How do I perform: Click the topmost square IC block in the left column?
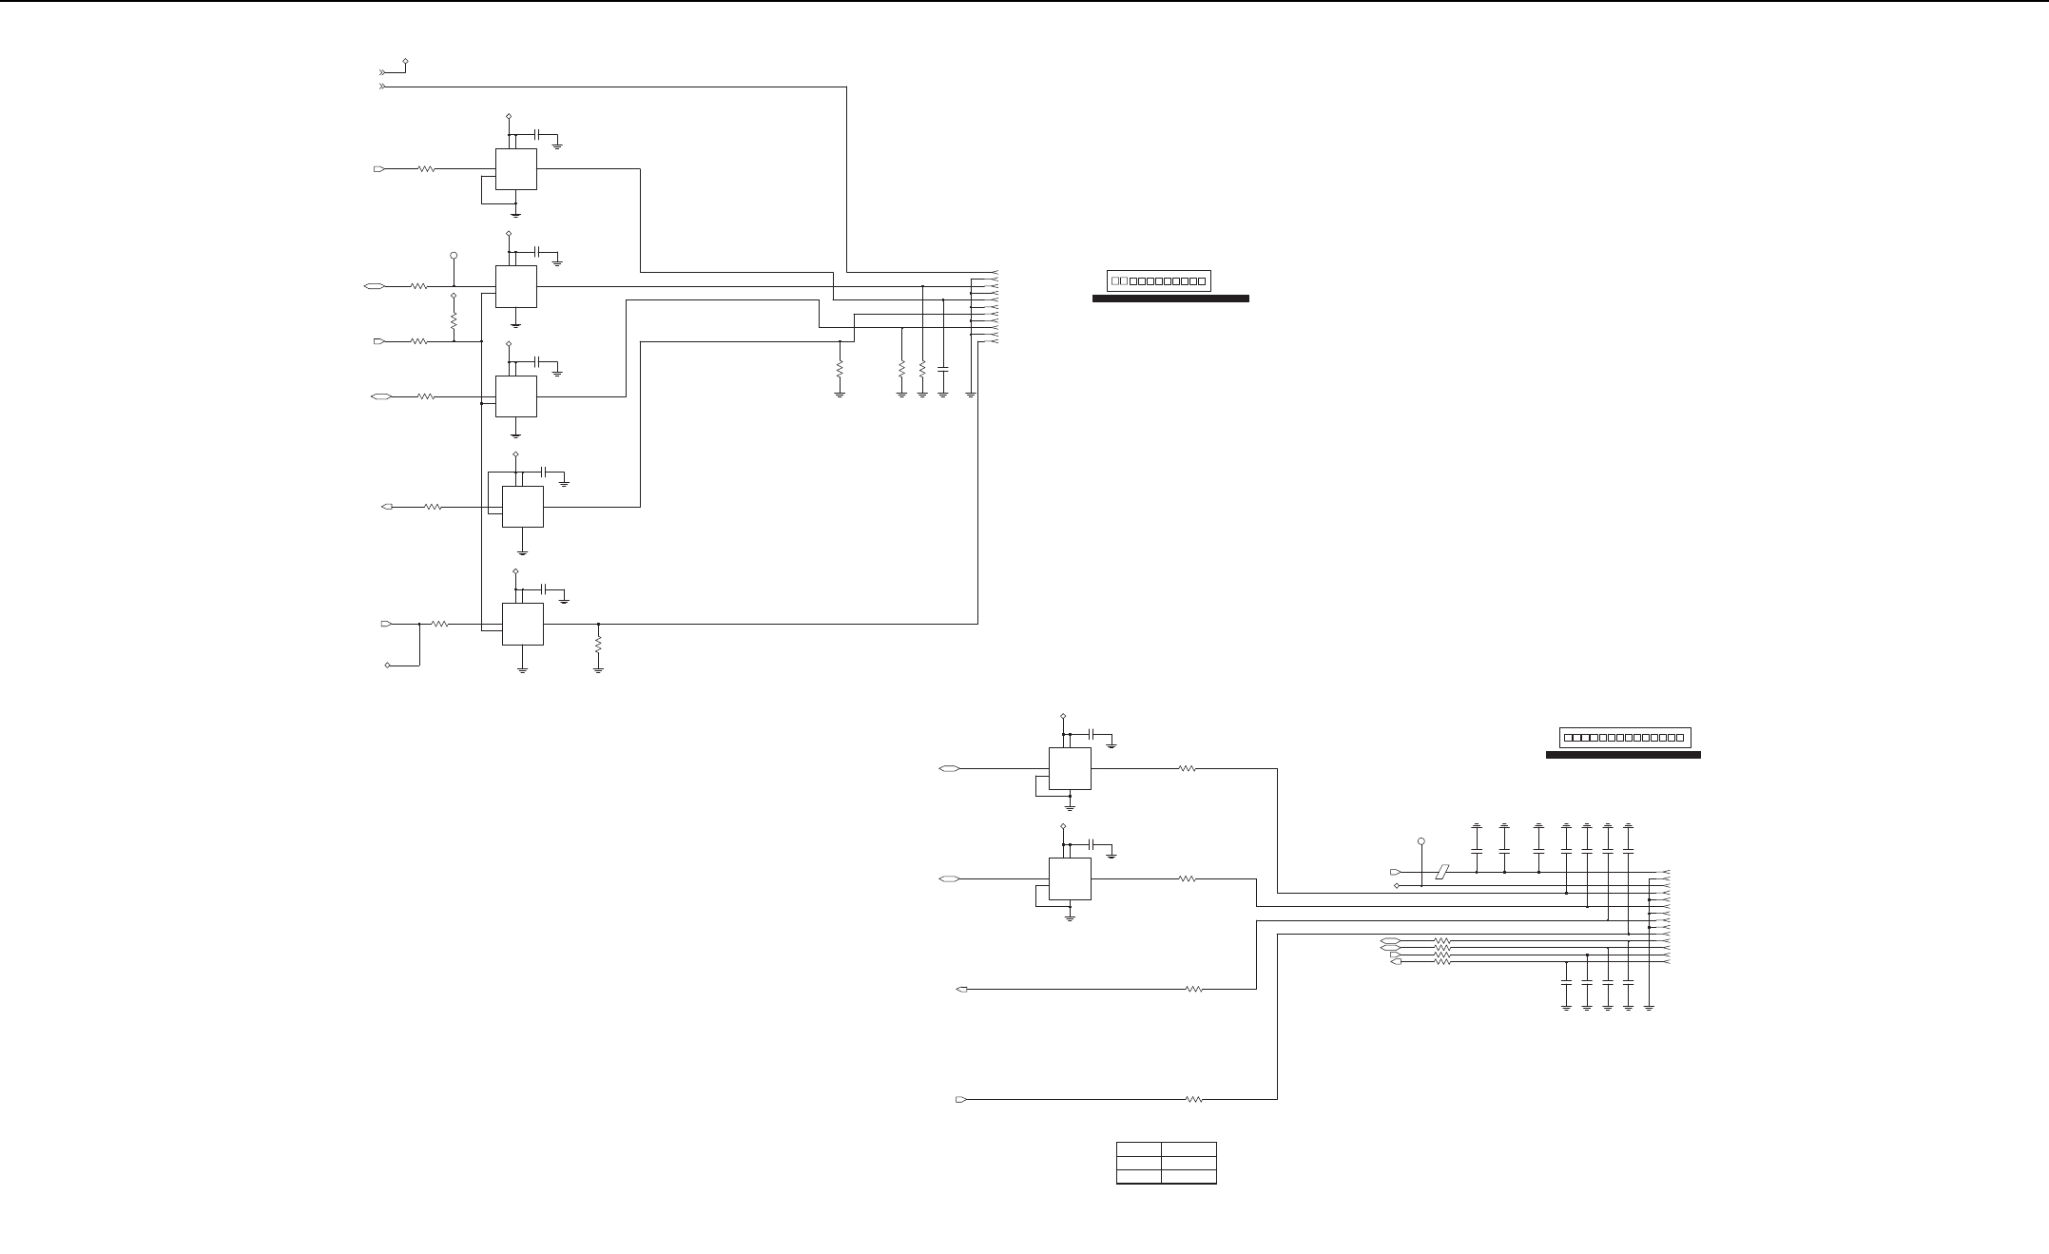coord(515,169)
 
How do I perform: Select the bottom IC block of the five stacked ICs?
coord(522,624)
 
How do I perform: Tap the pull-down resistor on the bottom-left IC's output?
coord(598,644)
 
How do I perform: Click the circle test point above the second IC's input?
coord(454,256)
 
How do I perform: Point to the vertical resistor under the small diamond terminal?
coord(454,321)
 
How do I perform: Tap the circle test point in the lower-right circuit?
coord(1421,841)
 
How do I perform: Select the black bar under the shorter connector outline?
coord(1170,299)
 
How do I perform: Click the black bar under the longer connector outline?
coord(1623,755)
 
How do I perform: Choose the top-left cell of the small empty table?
coord(1139,1149)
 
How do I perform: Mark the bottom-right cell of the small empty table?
coord(1189,1177)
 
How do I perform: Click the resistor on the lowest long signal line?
coord(1195,1100)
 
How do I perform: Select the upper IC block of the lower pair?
coord(1070,768)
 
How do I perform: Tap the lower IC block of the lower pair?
coord(1070,879)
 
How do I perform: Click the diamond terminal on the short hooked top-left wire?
coord(407,61)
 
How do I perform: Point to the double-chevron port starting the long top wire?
coord(383,87)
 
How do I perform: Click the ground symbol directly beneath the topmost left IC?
coord(515,214)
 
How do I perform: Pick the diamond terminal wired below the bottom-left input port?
coord(388,666)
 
